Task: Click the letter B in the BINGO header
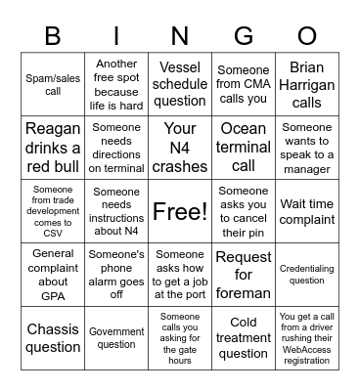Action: (53, 37)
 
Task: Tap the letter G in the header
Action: (244, 37)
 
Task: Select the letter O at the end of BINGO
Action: (307, 37)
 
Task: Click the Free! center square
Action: (180, 211)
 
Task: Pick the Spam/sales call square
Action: (53, 84)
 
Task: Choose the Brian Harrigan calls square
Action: (307, 84)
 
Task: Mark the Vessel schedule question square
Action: (180, 84)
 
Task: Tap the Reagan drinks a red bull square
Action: (53, 148)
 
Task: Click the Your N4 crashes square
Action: (180, 148)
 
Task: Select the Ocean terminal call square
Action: (244, 148)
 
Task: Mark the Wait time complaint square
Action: (307, 211)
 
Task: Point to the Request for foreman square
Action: (244, 275)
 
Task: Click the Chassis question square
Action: (53, 338)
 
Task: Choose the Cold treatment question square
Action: (244, 338)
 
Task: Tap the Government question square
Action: (116, 338)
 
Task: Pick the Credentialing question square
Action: (307, 275)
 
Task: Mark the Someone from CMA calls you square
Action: (244, 84)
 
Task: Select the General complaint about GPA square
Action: (53, 275)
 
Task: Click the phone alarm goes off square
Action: (116, 275)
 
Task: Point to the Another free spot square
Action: (116, 84)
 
